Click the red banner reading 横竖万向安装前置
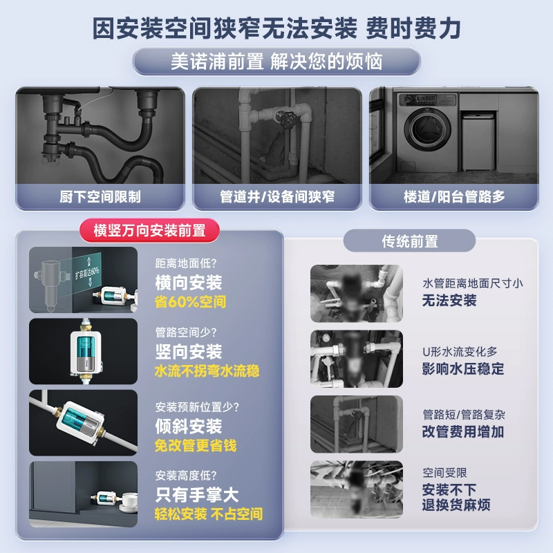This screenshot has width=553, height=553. coord(150,231)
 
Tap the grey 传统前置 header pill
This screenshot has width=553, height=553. coord(409,241)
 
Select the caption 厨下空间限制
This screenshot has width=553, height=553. coord(100,197)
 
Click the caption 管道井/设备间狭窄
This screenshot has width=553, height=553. coord(276,197)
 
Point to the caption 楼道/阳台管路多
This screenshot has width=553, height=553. coord(454,197)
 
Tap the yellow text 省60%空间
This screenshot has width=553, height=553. coord(191,302)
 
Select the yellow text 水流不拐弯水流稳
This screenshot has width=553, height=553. coord(207,371)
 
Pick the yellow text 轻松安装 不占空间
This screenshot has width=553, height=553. coord(209,514)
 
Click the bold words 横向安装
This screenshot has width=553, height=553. coord(189,283)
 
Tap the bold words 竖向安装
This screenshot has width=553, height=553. coord(189,352)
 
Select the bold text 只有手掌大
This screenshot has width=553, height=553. coord(197,495)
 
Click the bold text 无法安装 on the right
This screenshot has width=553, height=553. coord(449,300)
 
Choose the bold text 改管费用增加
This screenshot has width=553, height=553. coord(463,432)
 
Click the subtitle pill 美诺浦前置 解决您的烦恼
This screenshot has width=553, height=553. coord(276,62)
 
